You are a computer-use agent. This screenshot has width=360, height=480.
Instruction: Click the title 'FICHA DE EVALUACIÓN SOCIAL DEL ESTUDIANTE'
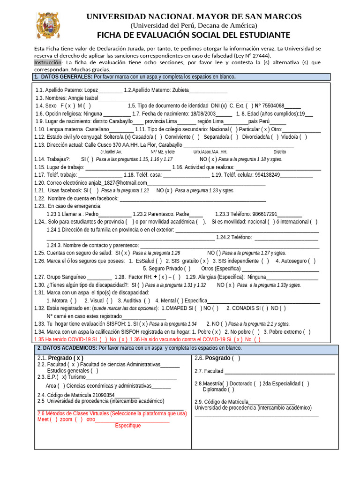tap(194, 36)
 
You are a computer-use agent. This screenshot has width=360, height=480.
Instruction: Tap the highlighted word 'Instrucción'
tap(48, 62)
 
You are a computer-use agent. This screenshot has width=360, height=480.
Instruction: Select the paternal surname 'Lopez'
tap(91, 90)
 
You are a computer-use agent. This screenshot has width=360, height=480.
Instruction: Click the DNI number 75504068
tap(273, 106)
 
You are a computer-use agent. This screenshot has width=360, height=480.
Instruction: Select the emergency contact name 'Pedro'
tap(92, 214)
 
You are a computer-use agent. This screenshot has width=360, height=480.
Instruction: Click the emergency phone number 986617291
tap(262, 214)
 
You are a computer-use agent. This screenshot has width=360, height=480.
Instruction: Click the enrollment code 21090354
tap(103, 395)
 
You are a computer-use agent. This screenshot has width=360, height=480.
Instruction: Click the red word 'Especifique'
tap(128, 426)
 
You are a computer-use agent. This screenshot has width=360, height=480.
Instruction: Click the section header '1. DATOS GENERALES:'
tap(63, 77)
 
